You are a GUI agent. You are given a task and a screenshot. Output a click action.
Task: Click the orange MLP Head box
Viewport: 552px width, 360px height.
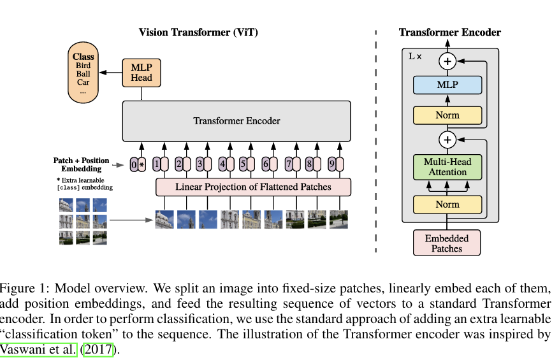(142, 73)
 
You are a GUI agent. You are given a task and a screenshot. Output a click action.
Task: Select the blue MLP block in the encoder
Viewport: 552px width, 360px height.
(447, 85)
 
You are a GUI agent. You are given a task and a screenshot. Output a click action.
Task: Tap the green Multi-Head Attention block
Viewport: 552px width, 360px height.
(447, 167)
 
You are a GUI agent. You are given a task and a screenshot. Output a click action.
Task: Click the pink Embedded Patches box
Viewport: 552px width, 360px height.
(447, 243)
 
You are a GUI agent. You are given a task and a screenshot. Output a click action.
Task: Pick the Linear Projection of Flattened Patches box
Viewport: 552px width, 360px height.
(253, 187)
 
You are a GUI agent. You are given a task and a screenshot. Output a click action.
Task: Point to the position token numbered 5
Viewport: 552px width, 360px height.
(243, 164)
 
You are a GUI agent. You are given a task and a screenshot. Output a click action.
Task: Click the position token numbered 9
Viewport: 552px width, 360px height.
(331, 164)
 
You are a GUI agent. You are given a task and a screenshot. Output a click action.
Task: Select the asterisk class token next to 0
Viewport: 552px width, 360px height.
(142, 164)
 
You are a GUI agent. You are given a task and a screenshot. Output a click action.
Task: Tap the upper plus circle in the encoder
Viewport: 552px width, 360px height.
(447, 61)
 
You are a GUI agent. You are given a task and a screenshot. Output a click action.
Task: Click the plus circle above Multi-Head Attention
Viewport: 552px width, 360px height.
(447, 140)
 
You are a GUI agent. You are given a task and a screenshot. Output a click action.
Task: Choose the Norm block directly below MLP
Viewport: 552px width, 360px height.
(447, 115)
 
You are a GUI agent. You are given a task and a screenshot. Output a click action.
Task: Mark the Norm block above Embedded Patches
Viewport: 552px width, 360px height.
(447, 205)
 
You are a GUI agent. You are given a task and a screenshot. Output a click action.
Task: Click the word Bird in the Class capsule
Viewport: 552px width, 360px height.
(83, 66)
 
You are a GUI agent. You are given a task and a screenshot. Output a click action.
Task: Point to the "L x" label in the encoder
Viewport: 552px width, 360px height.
(415, 56)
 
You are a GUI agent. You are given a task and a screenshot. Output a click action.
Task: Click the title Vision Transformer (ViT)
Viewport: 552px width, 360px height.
(198, 32)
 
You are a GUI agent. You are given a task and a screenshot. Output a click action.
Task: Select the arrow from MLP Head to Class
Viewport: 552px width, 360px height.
(110, 73)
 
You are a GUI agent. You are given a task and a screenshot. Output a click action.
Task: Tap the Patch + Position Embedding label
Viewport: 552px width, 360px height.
(82, 164)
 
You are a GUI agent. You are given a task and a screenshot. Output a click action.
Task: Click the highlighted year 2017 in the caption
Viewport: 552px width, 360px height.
(98, 349)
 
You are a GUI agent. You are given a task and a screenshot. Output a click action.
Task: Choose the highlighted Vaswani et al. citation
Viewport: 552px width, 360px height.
(38, 349)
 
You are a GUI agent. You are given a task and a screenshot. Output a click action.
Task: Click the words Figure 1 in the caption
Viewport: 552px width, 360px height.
(23, 288)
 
